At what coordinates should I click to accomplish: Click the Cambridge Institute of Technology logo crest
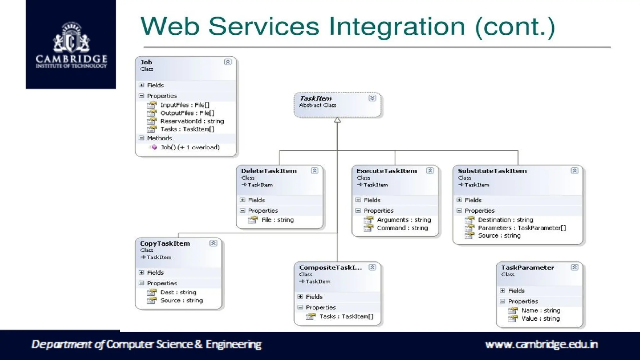[71, 37]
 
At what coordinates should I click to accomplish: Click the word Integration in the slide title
[397, 26]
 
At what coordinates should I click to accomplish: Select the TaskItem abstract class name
[316, 98]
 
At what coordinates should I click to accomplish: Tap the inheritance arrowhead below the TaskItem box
[337, 120]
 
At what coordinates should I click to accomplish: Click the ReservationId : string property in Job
[192, 121]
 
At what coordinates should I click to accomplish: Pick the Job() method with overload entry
[190, 147]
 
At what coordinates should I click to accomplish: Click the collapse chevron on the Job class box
[228, 62]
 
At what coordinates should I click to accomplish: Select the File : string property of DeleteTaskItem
[277, 220]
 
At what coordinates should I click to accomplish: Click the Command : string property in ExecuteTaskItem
[402, 228]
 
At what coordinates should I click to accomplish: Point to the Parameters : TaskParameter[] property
[522, 228]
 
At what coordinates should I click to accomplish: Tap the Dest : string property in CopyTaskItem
[178, 292]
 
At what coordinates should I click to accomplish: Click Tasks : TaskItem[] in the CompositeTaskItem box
[346, 317]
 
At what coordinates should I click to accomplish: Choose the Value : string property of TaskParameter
[540, 319]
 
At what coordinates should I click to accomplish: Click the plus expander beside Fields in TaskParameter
[502, 291]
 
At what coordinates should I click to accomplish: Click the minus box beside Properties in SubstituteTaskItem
[459, 211]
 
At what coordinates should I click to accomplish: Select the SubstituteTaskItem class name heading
[492, 171]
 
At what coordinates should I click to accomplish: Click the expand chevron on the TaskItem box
[372, 98]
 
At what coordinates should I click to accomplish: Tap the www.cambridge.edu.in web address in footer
[541, 344]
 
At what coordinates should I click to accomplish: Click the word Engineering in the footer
[233, 344]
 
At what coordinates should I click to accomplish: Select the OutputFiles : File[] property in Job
[187, 113]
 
